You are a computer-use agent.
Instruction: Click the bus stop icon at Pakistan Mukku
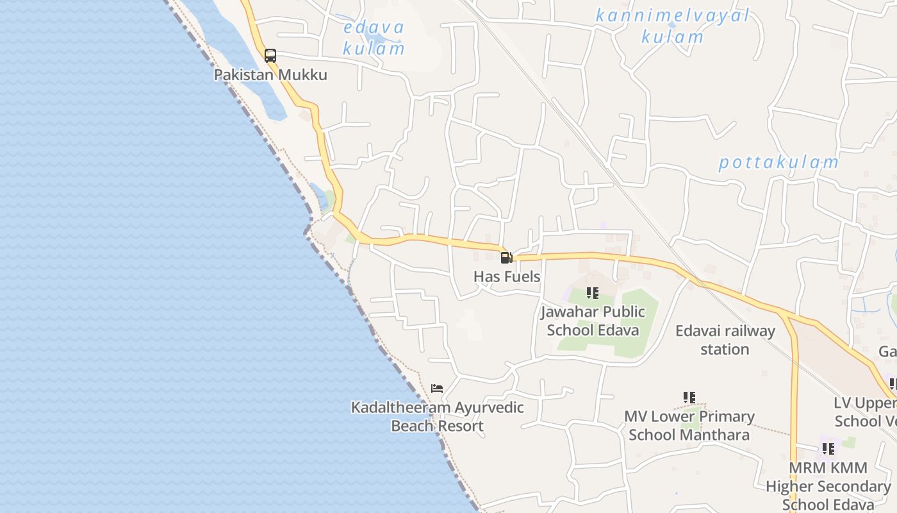270,56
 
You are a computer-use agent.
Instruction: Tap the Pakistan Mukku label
270,75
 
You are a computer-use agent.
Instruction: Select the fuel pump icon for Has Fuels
506,258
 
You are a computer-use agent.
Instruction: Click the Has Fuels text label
507,277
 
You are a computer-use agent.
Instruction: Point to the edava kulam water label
374,38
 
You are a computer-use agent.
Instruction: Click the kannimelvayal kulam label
673,26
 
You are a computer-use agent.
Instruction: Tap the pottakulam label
778,162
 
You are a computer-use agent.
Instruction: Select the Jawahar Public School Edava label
593,321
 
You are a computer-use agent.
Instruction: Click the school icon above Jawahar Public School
593,293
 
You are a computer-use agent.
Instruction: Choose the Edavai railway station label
725,341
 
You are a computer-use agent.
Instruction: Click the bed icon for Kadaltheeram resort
437,388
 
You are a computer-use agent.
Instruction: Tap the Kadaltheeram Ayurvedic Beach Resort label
438,417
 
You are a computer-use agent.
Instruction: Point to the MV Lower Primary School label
689,426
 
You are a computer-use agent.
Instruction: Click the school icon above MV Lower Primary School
689,398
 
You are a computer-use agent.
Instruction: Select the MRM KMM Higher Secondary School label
828,486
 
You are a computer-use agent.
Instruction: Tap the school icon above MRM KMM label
828,448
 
